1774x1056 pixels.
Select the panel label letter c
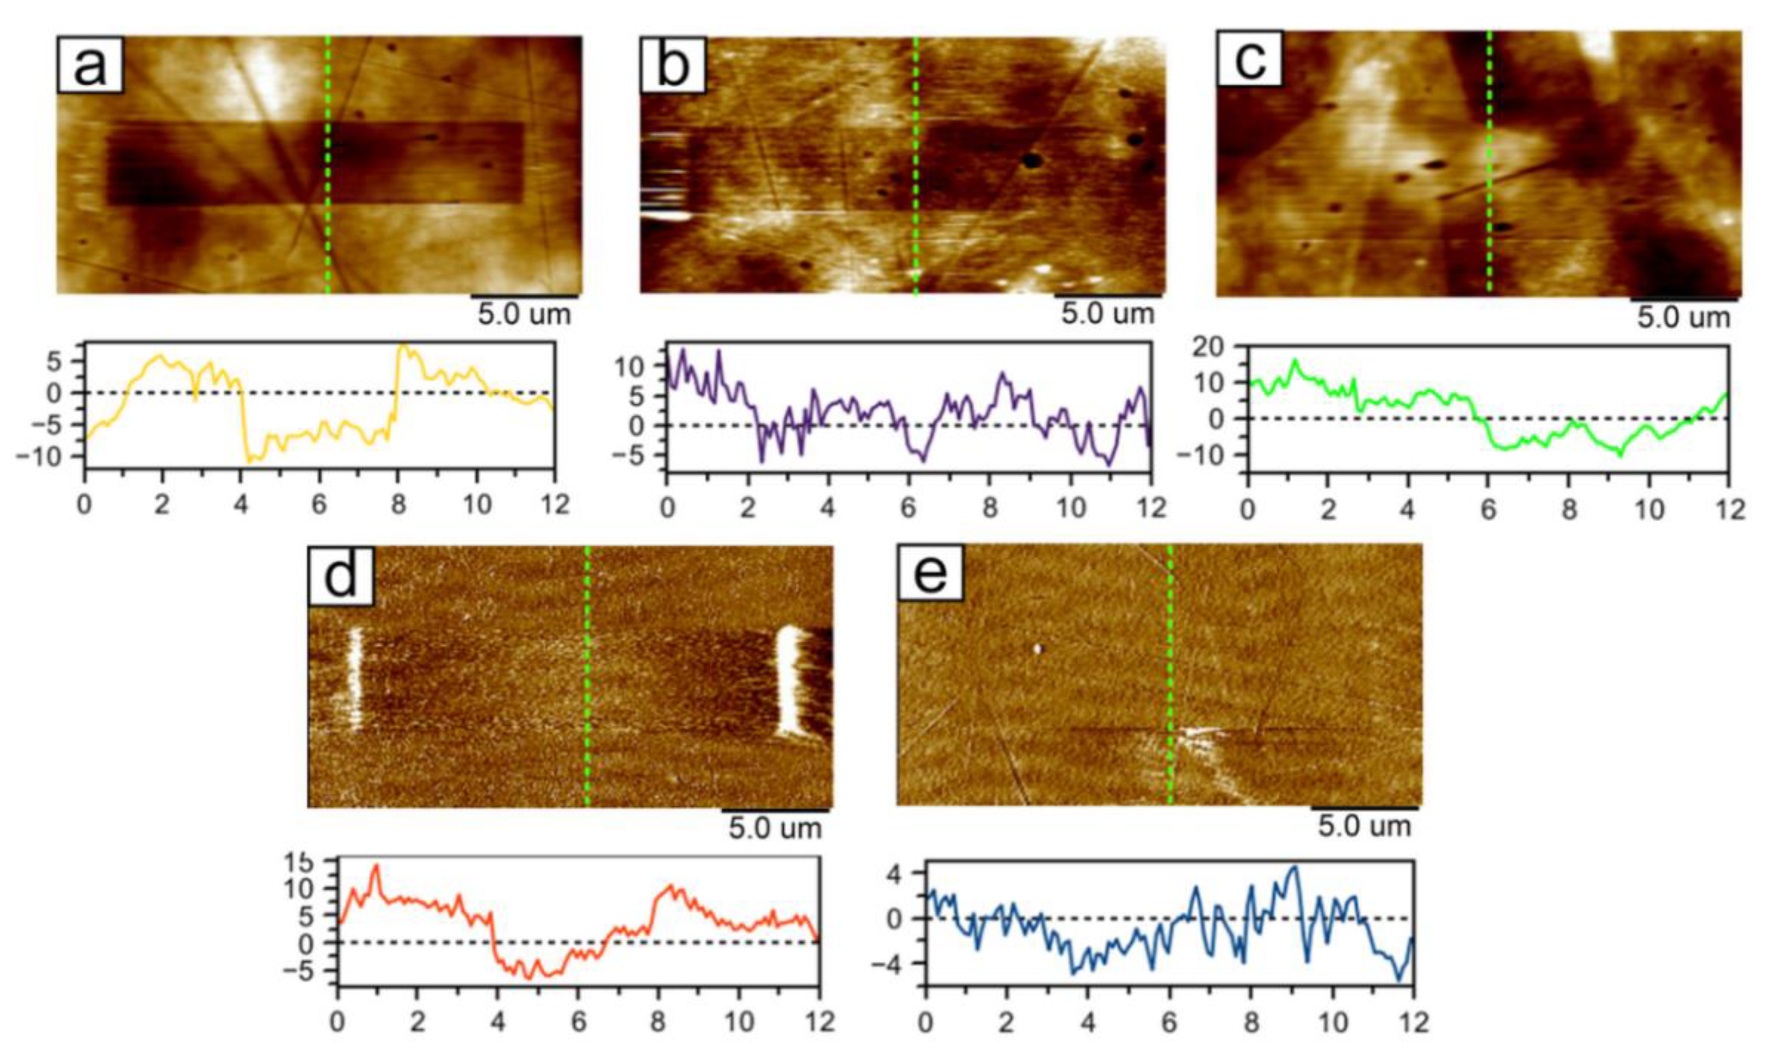1249,60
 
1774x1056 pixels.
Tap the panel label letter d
340,578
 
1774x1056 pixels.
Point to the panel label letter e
930,575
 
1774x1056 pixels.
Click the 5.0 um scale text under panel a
524,314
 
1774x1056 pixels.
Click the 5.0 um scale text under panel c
1683,317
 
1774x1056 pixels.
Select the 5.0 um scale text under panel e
1364,826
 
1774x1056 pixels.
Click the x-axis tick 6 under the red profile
578,1023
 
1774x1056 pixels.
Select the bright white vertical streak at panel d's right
789,680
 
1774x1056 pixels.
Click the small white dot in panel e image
1037,649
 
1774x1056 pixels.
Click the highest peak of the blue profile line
1294,867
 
